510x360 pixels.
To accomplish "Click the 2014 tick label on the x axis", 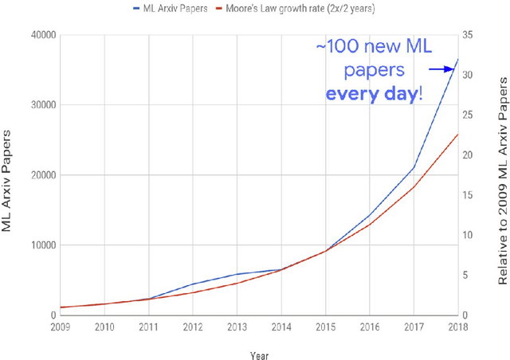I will pyautogui.click(x=280, y=327).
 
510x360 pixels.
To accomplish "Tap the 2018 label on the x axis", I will pyautogui.click(x=457, y=327).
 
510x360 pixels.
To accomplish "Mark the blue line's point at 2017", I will pyautogui.click(x=414, y=167).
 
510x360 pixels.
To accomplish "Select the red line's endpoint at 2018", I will pyautogui.click(x=457, y=134).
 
